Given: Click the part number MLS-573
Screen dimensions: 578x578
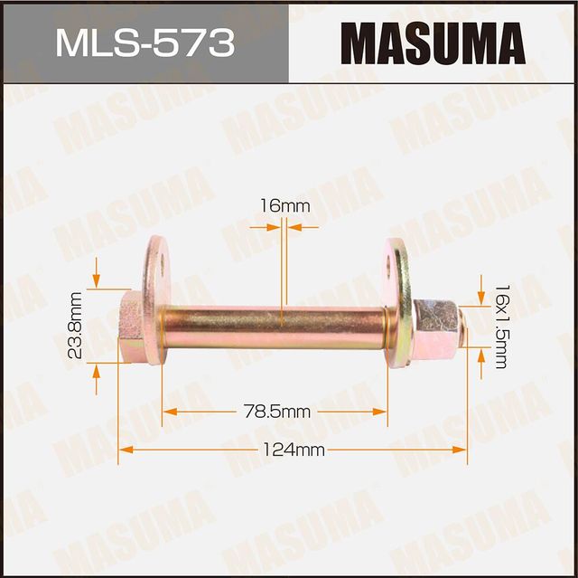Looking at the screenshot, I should (144, 43).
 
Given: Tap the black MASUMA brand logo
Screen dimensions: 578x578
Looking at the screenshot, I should (433, 43).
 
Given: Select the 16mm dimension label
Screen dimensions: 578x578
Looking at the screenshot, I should (284, 206).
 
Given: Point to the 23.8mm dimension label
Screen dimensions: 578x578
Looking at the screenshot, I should (76, 325).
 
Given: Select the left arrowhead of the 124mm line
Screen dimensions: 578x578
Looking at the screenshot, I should (126, 450).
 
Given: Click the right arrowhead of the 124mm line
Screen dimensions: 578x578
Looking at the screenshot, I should (460, 450).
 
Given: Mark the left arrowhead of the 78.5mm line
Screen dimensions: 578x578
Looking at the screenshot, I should (170, 412).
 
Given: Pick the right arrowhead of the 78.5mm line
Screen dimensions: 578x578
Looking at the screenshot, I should (380, 412).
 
